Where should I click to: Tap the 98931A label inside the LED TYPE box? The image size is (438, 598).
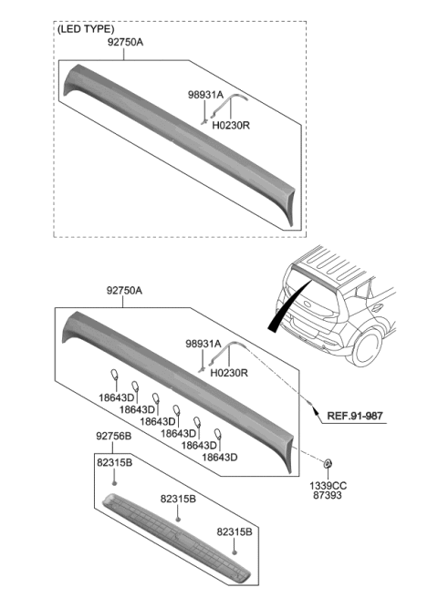click(204, 93)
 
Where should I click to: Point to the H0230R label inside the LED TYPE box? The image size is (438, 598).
click(232, 128)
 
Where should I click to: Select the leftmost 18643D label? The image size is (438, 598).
click(116, 398)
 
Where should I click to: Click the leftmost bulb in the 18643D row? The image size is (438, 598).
click(114, 376)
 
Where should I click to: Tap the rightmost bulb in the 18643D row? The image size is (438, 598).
click(218, 434)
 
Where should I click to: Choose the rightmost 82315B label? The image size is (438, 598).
click(236, 530)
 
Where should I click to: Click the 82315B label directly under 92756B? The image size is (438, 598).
click(114, 463)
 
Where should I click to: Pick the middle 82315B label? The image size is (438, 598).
click(178, 500)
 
